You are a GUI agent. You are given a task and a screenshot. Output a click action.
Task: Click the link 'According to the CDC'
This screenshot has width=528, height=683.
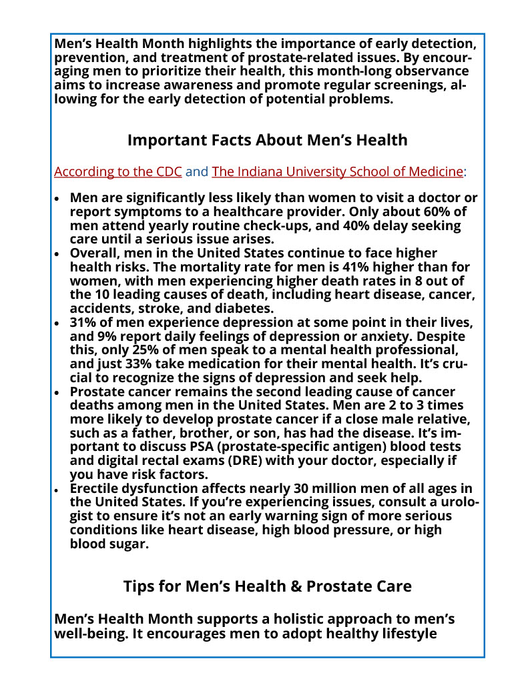coord(117,171)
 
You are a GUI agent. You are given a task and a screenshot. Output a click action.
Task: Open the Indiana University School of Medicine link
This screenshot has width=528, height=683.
coord(337,171)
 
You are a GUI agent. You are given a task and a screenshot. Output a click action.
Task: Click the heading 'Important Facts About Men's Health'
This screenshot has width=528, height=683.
coord(267,140)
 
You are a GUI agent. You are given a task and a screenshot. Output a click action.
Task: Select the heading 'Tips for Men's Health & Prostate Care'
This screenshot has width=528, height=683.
coord(267,586)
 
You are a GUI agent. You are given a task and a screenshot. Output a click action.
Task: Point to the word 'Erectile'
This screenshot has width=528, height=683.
coord(99,489)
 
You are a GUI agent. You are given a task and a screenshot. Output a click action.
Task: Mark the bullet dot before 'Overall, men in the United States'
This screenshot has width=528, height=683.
coord(57,254)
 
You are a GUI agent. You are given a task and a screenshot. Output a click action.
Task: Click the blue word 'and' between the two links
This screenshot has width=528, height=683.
coord(197,171)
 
